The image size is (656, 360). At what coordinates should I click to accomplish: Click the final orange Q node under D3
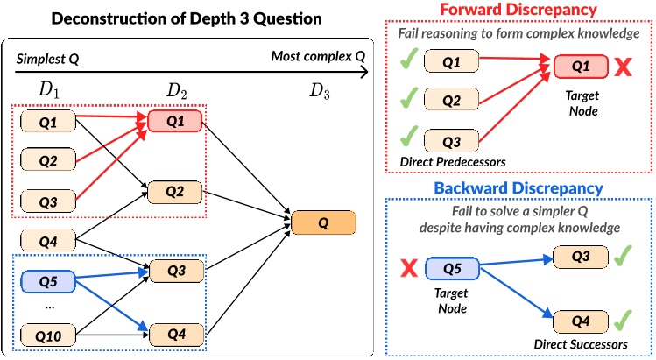coord(322,222)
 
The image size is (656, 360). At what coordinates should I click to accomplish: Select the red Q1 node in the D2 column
coord(176,122)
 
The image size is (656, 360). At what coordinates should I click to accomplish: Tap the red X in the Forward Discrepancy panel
coord(623,67)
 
